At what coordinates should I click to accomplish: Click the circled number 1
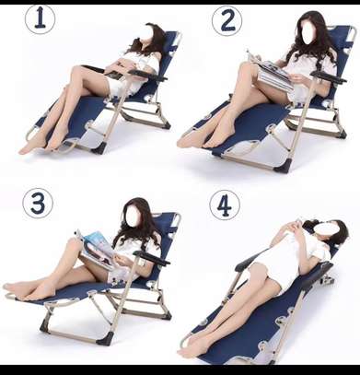click(40, 19)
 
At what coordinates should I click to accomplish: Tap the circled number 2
click(226, 21)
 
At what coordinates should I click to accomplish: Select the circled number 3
click(38, 204)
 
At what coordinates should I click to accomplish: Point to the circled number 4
click(225, 205)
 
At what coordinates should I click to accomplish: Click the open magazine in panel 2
click(271, 72)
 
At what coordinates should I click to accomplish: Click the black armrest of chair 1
click(148, 75)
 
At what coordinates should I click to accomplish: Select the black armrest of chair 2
click(329, 77)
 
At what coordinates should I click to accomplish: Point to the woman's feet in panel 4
click(192, 347)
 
